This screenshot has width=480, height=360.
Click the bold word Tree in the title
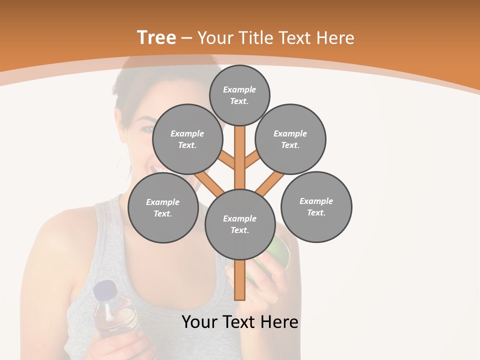click(156, 38)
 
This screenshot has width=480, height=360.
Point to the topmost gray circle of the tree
click(239, 95)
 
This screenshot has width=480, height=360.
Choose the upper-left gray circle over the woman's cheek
click(187, 139)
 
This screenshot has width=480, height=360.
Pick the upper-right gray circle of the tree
click(290, 139)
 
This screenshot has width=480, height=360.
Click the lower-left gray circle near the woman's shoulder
click(163, 207)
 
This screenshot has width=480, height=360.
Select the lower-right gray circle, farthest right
click(316, 206)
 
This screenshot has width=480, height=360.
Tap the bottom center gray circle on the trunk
click(240, 224)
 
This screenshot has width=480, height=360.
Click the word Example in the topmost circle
click(239, 89)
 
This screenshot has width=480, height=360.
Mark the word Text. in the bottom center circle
click(239, 230)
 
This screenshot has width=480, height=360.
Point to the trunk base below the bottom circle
click(240, 282)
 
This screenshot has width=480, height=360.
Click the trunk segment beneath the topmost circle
click(240, 155)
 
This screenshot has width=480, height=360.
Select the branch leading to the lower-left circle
click(209, 183)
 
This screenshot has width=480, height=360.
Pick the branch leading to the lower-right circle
click(270, 183)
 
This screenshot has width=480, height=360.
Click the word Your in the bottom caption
click(199, 322)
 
